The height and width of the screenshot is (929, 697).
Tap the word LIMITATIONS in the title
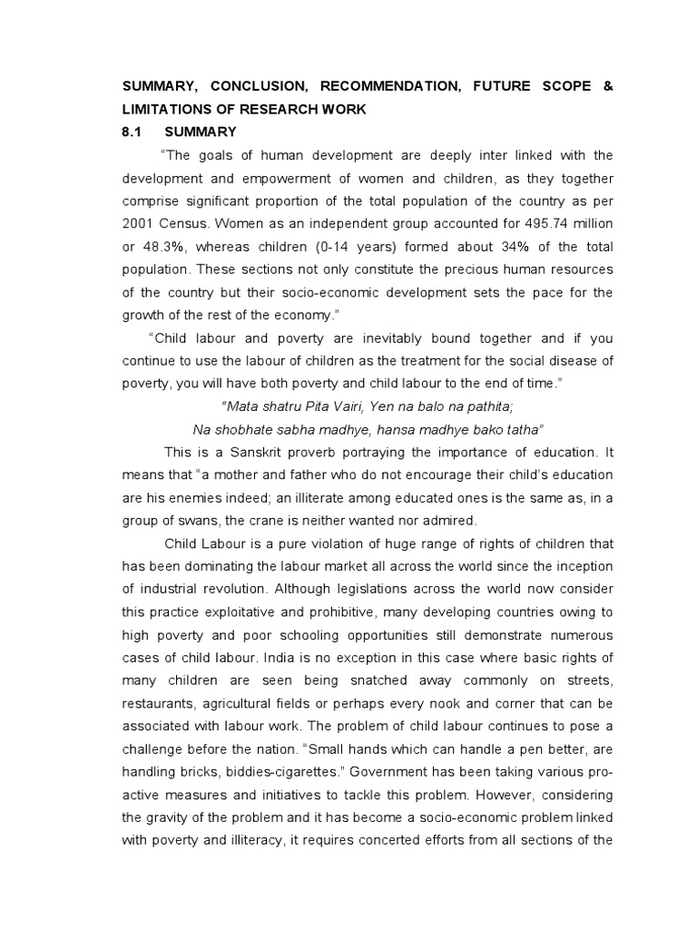169,110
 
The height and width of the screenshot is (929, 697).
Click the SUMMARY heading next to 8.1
206,132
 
